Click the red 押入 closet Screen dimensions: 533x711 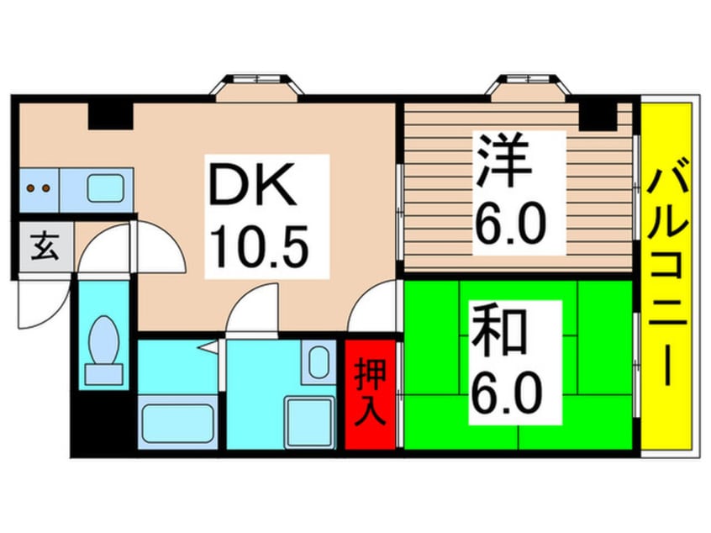tap(370, 393)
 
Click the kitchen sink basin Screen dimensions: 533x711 tap(106, 187)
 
